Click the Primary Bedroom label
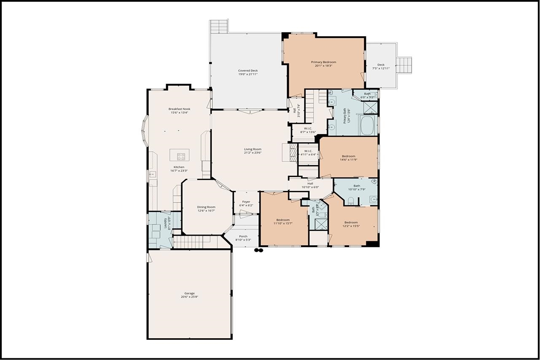323,62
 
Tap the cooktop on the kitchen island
181,157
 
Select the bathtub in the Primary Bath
368,125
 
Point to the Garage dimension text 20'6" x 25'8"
189,297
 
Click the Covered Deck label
247,70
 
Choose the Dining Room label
206,207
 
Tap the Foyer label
246,202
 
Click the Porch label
243,236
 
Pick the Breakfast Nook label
179,109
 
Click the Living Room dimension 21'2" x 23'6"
253,153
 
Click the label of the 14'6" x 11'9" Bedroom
348,156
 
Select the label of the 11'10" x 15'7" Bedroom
283,220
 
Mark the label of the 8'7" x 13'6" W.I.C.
308,128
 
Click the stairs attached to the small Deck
404,65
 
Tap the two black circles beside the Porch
258,250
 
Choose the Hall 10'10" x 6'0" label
310,183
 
